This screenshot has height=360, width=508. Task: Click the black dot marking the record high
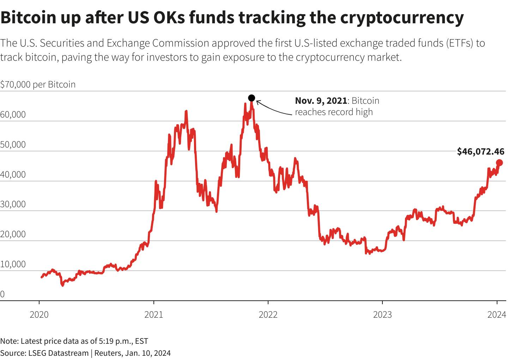[252, 98]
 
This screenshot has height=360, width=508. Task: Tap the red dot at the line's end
[499, 163]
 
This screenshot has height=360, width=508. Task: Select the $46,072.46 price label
[480, 151]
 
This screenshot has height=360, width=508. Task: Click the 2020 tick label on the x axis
[39, 314]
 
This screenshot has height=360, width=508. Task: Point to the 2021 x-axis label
[153, 314]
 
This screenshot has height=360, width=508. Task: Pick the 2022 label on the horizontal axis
[268, 314]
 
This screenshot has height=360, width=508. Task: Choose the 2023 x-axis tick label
[382, 314]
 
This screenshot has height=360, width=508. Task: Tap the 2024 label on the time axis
[497, 314]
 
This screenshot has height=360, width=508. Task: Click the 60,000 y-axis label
[13, 115]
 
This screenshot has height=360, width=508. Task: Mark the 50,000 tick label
[13, 145]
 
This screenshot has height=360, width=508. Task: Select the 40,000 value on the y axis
[13, 175]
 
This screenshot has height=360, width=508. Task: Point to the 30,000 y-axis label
[13, 204]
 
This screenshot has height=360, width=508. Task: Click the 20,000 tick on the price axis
[13, 234]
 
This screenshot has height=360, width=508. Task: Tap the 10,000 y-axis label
[13, 264]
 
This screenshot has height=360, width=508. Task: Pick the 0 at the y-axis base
[2, 294]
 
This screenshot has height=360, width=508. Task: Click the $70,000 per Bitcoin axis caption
[38, 85]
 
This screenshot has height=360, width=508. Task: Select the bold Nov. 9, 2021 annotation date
[321, 101]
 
